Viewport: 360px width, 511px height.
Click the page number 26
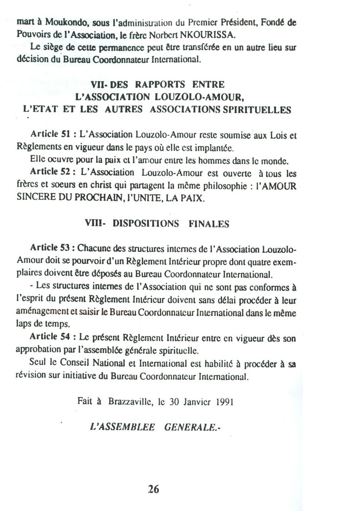coord(154,489)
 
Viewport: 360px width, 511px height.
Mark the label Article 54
coord(50,338)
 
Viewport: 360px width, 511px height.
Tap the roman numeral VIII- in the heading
coord(96,224)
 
